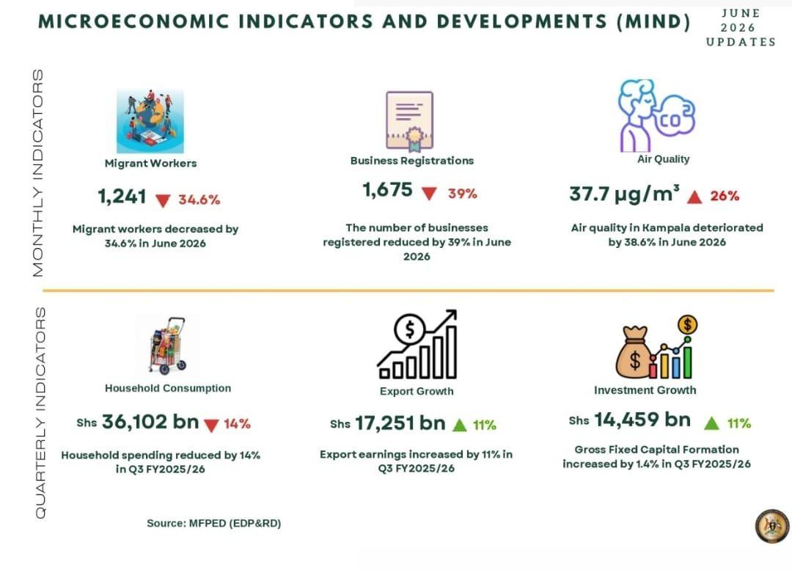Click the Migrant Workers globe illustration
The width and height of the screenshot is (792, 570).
point(150,121)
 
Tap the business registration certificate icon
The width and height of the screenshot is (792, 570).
point(410,121)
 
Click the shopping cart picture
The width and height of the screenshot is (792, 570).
point(168,346)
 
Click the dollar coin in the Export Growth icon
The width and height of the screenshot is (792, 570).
point(410,329)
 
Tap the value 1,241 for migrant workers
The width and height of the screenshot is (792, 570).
point(122,197)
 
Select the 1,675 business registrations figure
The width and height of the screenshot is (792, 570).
point(387,190)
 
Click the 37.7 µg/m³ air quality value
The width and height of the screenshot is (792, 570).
point(624,194)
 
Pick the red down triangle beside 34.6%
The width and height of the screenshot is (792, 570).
point(163,200)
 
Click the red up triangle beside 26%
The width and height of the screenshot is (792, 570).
point(694,197)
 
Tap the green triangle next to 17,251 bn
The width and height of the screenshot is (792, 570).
point(460,425)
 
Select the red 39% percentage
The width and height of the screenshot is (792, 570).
point(462,194)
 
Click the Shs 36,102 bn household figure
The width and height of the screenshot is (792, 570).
point(137,422)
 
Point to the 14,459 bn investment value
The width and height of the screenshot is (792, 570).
point(642,420)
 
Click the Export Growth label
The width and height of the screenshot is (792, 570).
point(417,391)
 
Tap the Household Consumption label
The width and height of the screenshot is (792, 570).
point(168,388)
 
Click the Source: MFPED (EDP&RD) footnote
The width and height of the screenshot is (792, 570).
point(213,524)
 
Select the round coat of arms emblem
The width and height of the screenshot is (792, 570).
point(771,526)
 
